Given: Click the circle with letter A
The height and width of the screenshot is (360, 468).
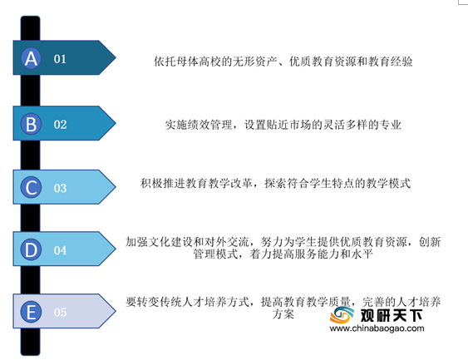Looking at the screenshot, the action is pyautogui.click(x=31, y=58).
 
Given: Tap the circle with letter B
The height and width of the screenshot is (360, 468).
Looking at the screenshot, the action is pyautogui.click(x=31, y=124).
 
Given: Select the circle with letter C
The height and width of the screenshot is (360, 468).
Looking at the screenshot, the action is pyautogui.click(x=31, y=187).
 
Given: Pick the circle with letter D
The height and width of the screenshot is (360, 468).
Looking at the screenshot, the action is pyautogui.click(x=31, y=249).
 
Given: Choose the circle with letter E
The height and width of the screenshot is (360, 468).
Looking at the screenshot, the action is pyautogui.click(x=31, y=312).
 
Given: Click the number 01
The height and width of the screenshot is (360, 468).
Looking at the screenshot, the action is pyautogui.click(x=60, y=59).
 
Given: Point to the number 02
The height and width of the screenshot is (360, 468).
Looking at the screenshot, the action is pyautogui.click(x=60, y=125).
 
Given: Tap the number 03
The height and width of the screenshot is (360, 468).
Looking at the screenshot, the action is pyautogui.click(x=60, y=188).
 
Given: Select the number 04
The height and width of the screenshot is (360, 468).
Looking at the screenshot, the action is pyautogui.click(x=60, y=250).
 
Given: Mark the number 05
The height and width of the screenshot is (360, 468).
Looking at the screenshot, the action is pyautogui.click(x=60, y=313).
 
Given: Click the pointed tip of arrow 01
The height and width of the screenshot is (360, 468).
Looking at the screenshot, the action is pyautogui.click(x=116, y=57).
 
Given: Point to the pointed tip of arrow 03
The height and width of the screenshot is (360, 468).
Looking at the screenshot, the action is pyautogui.click(x=116, y=187).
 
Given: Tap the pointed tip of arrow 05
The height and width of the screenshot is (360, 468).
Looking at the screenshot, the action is pyautogui.click(x=116, y=311).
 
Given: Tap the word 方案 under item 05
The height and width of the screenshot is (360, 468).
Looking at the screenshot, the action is pyautogui.click(x=283, y=314).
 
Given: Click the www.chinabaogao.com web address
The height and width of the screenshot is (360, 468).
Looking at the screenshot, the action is pyautogui.click(x=377, y=328).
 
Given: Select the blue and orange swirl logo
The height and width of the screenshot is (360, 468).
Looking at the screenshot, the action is pyautogui.click(x=342, y=315).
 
